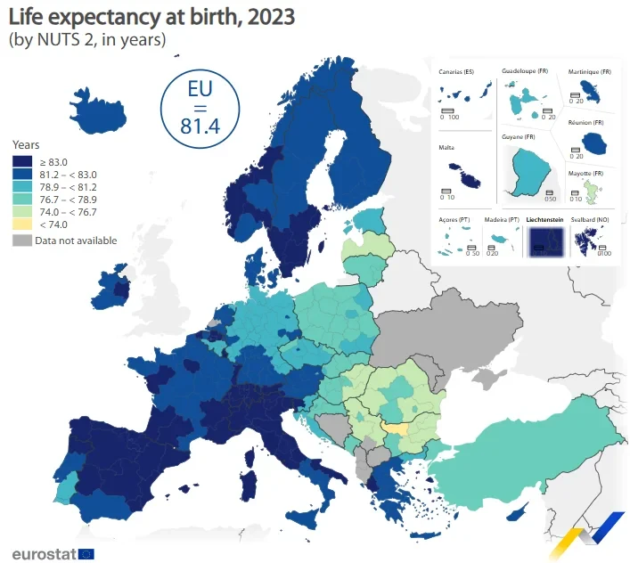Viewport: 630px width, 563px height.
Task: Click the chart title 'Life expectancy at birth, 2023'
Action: click(151, 17)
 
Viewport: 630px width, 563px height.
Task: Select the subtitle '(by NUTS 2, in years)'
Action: click(86, 39)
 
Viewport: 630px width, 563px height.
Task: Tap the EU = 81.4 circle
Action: click(199, 105)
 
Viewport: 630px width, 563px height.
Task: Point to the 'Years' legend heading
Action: click(25, 144)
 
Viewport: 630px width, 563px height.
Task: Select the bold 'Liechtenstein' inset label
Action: click(545, 218)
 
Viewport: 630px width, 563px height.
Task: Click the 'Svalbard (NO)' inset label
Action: click(591, 218)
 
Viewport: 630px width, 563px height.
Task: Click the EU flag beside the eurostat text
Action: click(86, 553)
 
